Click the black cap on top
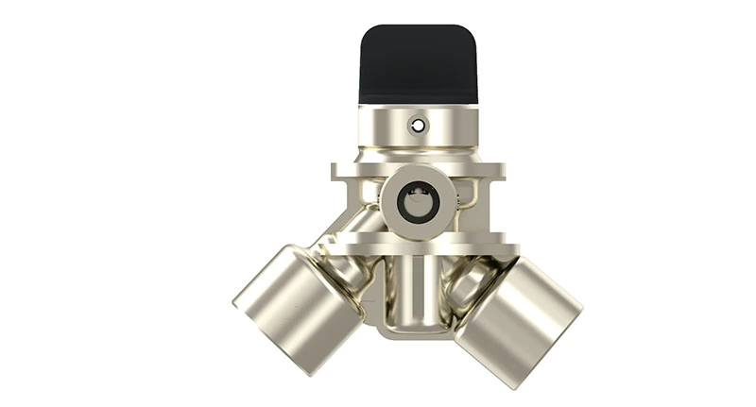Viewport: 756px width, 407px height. (x=416, y=64)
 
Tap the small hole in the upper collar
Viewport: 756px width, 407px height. (x=417, y=125)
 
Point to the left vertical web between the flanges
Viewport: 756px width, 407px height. (x=352, y=208)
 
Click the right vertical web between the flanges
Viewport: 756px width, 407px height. (x=488, y=210)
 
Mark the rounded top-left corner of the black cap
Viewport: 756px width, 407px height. (x=368, y=34)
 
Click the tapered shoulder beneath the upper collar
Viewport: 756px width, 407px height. (x=416, y=156)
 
